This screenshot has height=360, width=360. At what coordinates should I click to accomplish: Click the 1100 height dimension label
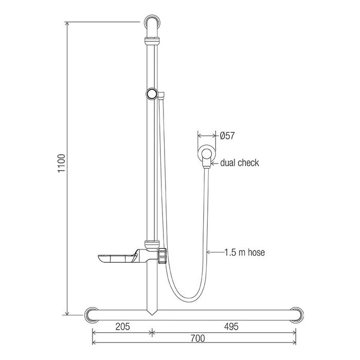click(x=62, y=163)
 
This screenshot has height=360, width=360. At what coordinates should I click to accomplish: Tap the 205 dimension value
click(x=122, y=326)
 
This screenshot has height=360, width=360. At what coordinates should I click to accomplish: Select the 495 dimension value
click(x=231, y=326)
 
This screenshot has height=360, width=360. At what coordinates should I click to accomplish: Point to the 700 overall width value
click(x=197, y=338)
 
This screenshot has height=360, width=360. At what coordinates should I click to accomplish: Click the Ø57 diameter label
click(x=227, y=136)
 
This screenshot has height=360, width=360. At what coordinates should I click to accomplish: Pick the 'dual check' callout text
click(x=240, y=163)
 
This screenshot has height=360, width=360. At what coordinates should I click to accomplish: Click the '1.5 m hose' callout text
click(x=244, y=253)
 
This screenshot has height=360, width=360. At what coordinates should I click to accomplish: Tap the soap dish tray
click(x=117, y=259)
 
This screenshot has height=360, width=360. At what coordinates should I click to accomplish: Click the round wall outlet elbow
click(x=207, y=154)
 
